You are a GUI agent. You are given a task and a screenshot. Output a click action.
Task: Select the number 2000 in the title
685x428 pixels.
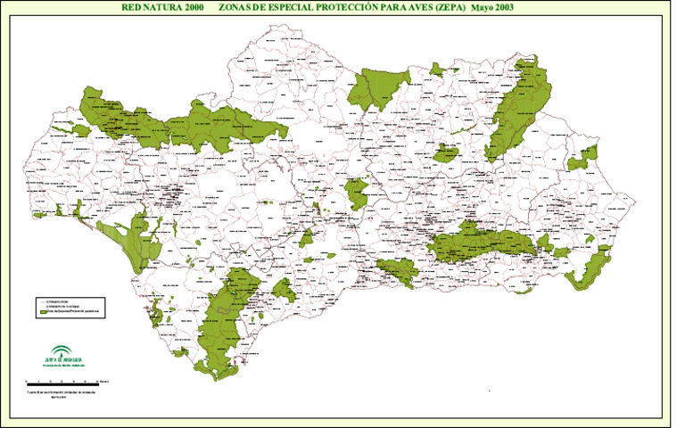204,7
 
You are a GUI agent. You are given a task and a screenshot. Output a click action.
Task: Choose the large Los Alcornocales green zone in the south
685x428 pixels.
227,317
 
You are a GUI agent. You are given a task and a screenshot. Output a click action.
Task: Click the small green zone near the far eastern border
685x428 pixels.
585,159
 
